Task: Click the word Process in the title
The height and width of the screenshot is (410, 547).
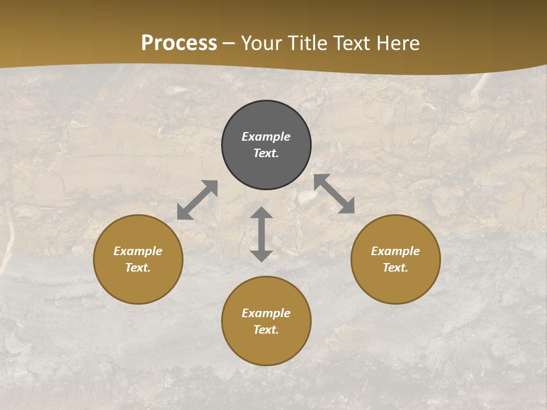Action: point(179,43)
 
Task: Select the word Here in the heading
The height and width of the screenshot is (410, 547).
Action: point(397,43)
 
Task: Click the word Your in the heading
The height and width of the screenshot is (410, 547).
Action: point(261,43)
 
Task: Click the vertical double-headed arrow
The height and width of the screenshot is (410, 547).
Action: point(262,234)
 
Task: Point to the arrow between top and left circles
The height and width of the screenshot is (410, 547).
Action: point(197,200)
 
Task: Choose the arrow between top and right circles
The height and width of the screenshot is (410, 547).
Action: point(334,194)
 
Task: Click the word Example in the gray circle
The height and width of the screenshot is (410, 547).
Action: point(266,137)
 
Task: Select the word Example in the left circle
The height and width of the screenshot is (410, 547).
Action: point(138,251)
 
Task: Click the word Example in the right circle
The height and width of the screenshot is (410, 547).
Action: point(395,251)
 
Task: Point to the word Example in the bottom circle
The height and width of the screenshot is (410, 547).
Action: point(266,313)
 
